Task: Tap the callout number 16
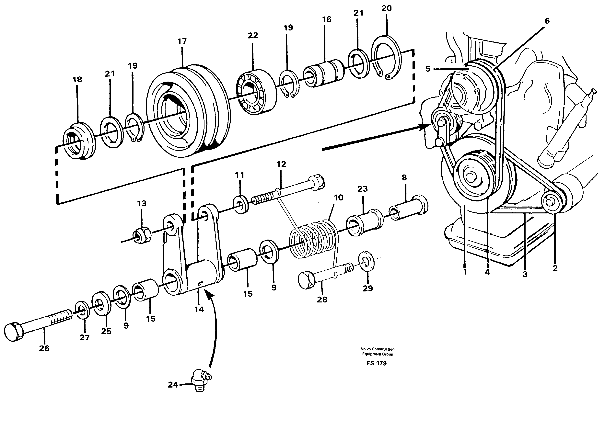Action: (x=327, y=19)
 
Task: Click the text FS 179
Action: (x=376, y=363)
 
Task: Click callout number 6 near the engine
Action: (x=547, y=21)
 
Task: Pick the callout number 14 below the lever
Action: (x=199, y=309)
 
